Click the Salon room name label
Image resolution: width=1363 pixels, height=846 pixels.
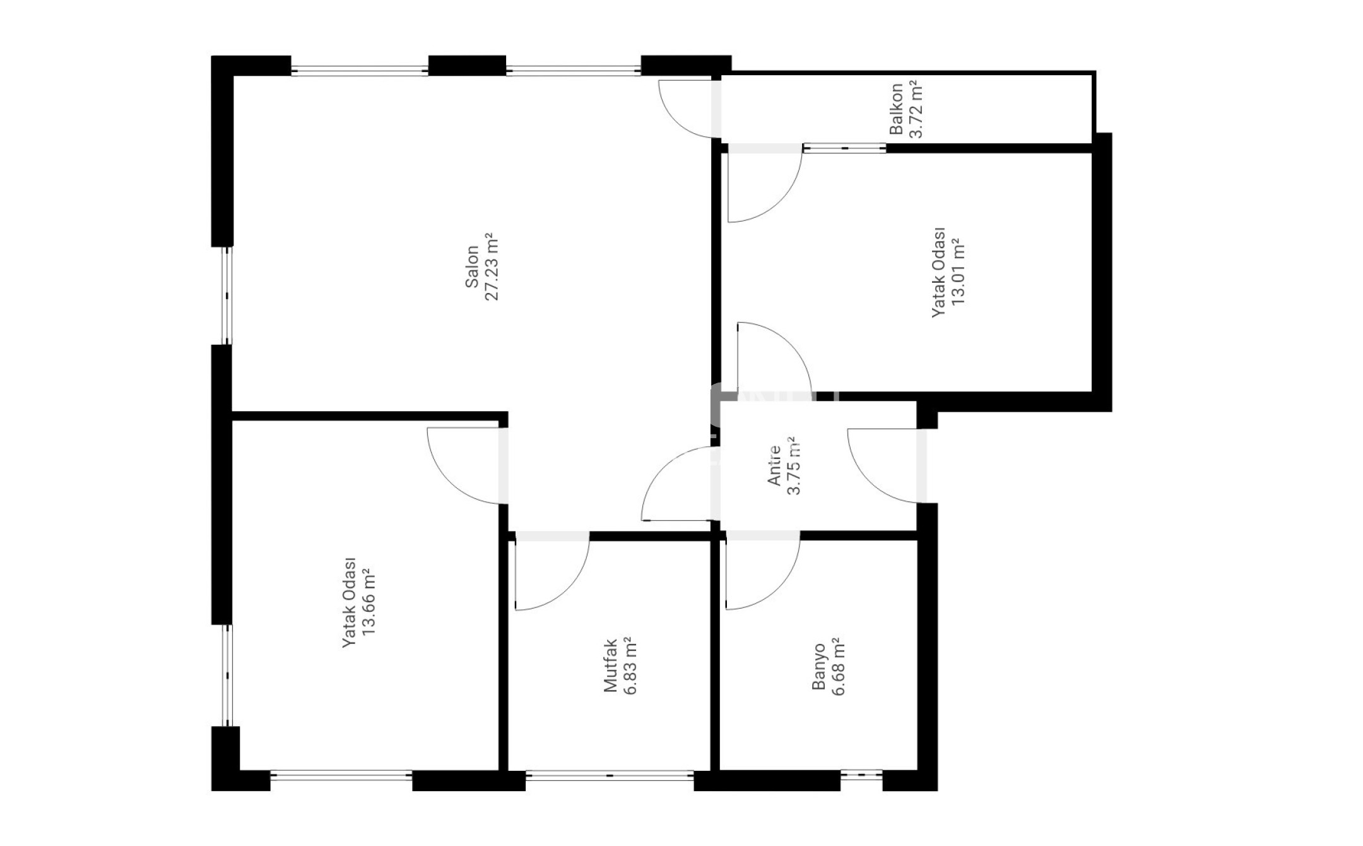pos(472,266)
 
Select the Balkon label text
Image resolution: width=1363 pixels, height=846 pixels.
pos(896,109)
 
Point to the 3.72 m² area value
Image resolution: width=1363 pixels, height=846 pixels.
pos(916,109)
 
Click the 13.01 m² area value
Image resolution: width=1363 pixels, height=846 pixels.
pos(959,272)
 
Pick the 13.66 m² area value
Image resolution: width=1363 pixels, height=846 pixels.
pos(369,602)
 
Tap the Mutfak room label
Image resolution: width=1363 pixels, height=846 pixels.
pos(610,665)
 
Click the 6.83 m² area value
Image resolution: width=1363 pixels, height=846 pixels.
pos(630,665)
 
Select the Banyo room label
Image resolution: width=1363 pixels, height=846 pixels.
pos(818,667)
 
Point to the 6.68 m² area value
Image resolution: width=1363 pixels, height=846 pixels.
pos(839,667)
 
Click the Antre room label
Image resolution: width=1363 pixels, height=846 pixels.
pos(774,466)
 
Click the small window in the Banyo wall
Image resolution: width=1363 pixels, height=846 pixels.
pos(861,774)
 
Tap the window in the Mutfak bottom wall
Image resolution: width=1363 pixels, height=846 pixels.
pos(610,775)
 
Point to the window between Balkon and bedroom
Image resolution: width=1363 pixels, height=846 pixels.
pos(845,148)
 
